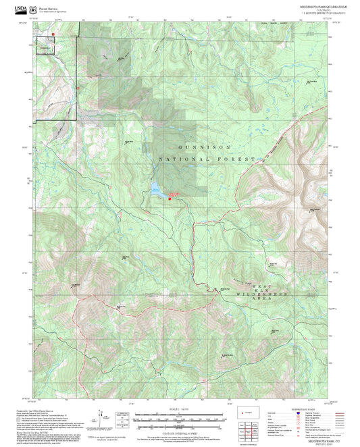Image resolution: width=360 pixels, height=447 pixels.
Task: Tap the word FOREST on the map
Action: pos(237,159)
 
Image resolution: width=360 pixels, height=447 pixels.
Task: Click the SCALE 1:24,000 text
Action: pos(180,409)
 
